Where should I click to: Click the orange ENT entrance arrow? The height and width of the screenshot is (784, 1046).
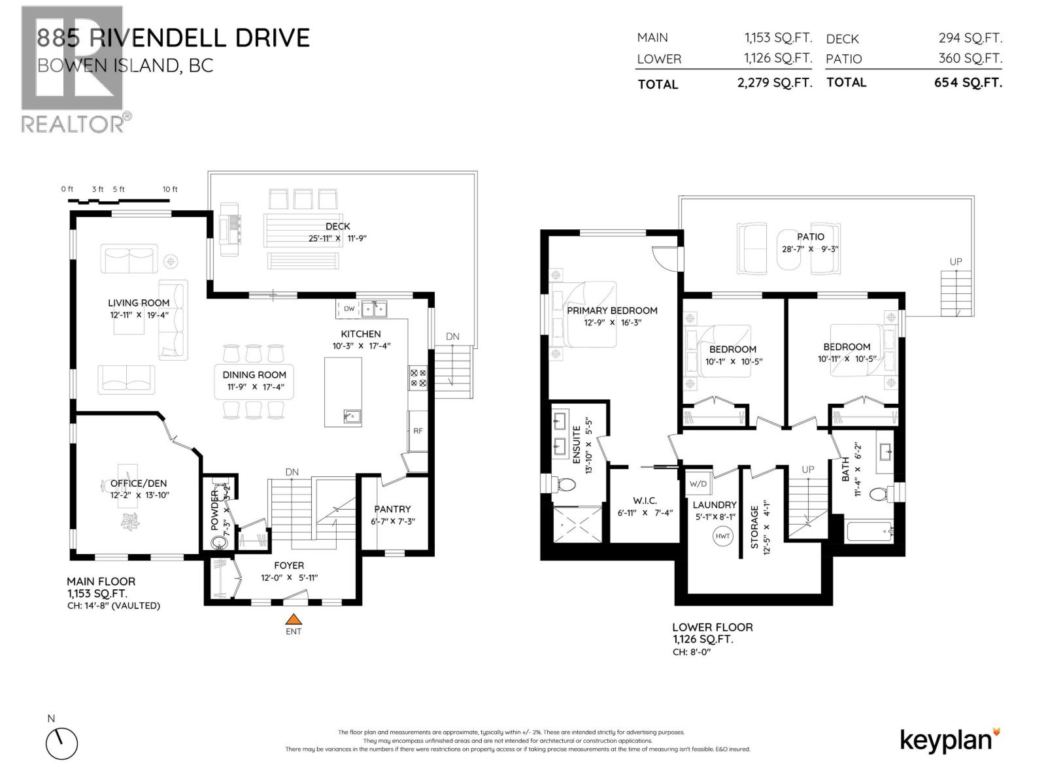[294, 619]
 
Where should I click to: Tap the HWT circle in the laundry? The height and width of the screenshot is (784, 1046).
[722, 536]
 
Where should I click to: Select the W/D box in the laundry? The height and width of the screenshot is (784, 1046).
[697, 485]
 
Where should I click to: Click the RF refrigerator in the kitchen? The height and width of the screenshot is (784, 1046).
[418, 431]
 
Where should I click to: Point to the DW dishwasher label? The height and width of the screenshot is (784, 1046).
[349, 308]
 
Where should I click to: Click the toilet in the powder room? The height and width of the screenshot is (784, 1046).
[218, 542]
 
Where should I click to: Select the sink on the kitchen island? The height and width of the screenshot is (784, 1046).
[352, 416]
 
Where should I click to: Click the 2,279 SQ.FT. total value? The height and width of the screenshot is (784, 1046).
[777, 83]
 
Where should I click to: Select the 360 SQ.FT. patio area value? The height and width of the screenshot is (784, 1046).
[970, 58]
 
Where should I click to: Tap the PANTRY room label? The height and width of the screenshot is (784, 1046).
[392, 509]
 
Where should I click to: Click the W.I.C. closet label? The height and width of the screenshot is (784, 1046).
[645, 500]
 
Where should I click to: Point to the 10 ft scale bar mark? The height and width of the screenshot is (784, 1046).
[170, 189]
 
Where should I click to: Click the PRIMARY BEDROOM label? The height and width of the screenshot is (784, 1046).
[612, 310]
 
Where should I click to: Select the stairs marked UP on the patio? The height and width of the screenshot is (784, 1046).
[954, 293]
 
